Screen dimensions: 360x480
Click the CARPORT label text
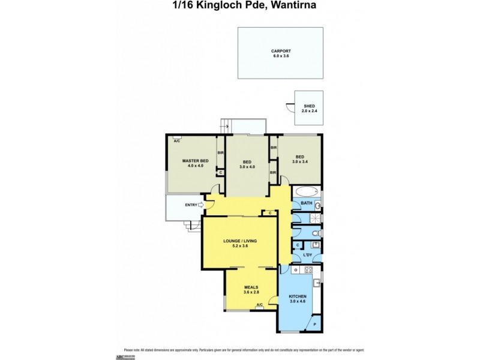pos(280,51)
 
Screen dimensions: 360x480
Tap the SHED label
pos(309,106)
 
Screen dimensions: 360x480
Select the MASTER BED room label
pos(195,161)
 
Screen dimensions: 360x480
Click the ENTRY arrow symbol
pos(201,205)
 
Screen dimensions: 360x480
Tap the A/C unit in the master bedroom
pos(177,140)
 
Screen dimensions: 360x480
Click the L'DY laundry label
pos(307,256)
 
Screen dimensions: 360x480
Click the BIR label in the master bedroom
pos(220,152)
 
